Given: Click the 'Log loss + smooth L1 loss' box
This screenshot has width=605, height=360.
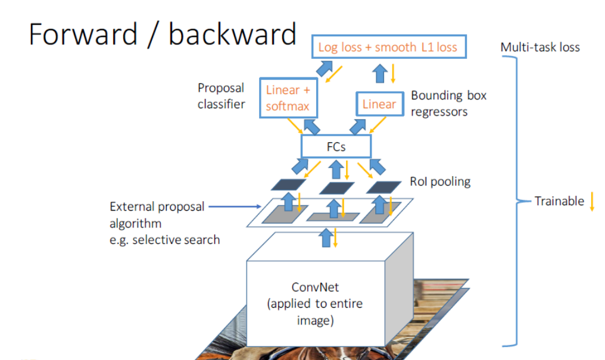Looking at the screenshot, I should [388, 47].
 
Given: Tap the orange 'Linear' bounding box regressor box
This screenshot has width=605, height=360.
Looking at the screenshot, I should [379, 105].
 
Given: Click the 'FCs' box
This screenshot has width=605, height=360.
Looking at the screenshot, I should [336, 146].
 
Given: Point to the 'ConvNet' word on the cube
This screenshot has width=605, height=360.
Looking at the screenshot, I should [315, 287].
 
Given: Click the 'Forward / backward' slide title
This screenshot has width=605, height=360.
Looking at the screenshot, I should [162, 35].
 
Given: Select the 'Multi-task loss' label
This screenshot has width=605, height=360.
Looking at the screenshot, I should [539, 47].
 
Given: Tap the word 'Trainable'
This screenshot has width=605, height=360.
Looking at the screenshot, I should [559, 201].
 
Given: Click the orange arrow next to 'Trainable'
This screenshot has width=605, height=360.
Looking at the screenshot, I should [592, 202].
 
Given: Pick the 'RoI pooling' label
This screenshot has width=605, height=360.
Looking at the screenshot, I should [440, 181].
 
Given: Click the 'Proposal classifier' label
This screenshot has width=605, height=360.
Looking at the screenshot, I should [221, 96].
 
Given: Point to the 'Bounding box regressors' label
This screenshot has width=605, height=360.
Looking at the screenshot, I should [448, 103].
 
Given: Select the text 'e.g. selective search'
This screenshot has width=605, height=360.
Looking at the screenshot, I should [165, 240].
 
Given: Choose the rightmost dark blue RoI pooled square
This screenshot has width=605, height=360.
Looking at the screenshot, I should [383, 186].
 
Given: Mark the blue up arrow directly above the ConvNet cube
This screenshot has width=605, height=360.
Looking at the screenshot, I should [325, 239].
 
